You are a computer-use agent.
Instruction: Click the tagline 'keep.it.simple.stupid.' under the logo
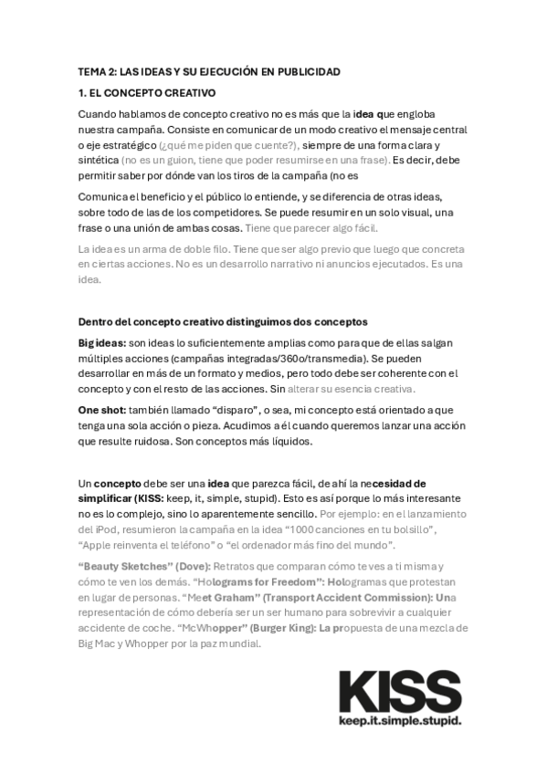(x=400, y=721)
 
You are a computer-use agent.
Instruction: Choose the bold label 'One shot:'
(x=103, y=410)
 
